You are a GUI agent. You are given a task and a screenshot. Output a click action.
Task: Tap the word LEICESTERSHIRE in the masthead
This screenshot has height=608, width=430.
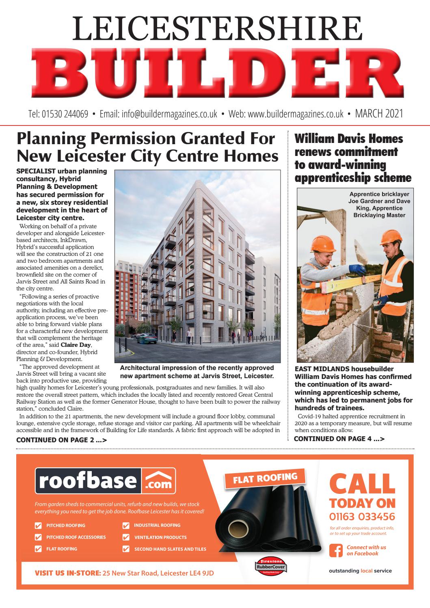215,28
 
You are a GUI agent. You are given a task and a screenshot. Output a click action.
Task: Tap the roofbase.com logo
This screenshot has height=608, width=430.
106,481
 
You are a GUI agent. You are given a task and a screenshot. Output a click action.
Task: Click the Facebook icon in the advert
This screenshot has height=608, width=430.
336,550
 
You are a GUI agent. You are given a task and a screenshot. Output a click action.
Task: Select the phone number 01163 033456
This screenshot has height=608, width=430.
362,517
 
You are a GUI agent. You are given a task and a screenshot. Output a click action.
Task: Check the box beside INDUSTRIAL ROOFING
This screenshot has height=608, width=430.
126,526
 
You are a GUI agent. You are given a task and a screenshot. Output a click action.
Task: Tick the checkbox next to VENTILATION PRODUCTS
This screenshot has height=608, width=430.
126,537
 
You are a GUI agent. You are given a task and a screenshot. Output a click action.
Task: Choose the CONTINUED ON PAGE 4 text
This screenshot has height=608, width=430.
339,439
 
